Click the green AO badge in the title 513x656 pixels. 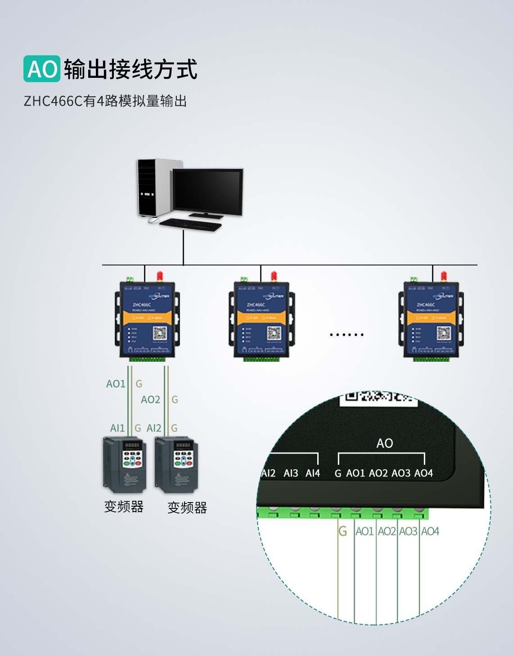(42, 69)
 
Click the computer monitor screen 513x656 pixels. (207, 190)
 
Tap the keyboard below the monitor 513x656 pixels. (191, 224)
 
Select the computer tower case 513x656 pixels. (153, 188)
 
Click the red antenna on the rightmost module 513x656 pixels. (444, 275)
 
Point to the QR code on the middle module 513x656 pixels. (274, 333)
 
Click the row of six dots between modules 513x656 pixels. (346, 335)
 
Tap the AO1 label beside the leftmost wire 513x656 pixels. (116, 384)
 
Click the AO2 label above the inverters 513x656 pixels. (150, 400)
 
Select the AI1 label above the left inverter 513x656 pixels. (117, 428)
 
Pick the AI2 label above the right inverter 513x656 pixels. (154, 428)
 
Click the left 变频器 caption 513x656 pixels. (124, 507)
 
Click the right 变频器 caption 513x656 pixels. (187, 508)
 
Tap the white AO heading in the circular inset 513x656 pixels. (385, 443)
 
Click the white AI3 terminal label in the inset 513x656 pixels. (291, 473)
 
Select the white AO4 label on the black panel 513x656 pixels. (423, 473)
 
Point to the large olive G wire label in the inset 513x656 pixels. (343, 531)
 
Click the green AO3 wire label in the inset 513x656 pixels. (408, 531)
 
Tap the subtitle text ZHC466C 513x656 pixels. (53, 101)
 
